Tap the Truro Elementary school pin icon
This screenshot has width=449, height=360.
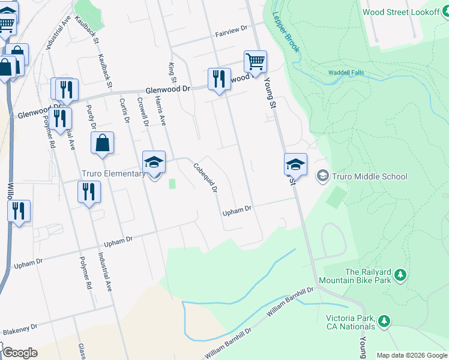point(154,162)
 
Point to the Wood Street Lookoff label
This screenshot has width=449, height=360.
point(402,12)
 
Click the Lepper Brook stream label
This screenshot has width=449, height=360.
point(286,32)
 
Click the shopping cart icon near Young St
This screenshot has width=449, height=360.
point(255,62)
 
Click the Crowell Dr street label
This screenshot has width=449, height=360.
point(143,112)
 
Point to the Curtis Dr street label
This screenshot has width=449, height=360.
point(124,111)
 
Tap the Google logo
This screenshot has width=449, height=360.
point(19,353)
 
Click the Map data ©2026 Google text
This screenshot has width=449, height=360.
point(411,355)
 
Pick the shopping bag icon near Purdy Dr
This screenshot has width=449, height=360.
point(103,144)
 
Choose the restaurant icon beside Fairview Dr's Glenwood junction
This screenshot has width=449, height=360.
point(219,79)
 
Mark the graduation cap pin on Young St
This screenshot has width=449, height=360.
point(295,164)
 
